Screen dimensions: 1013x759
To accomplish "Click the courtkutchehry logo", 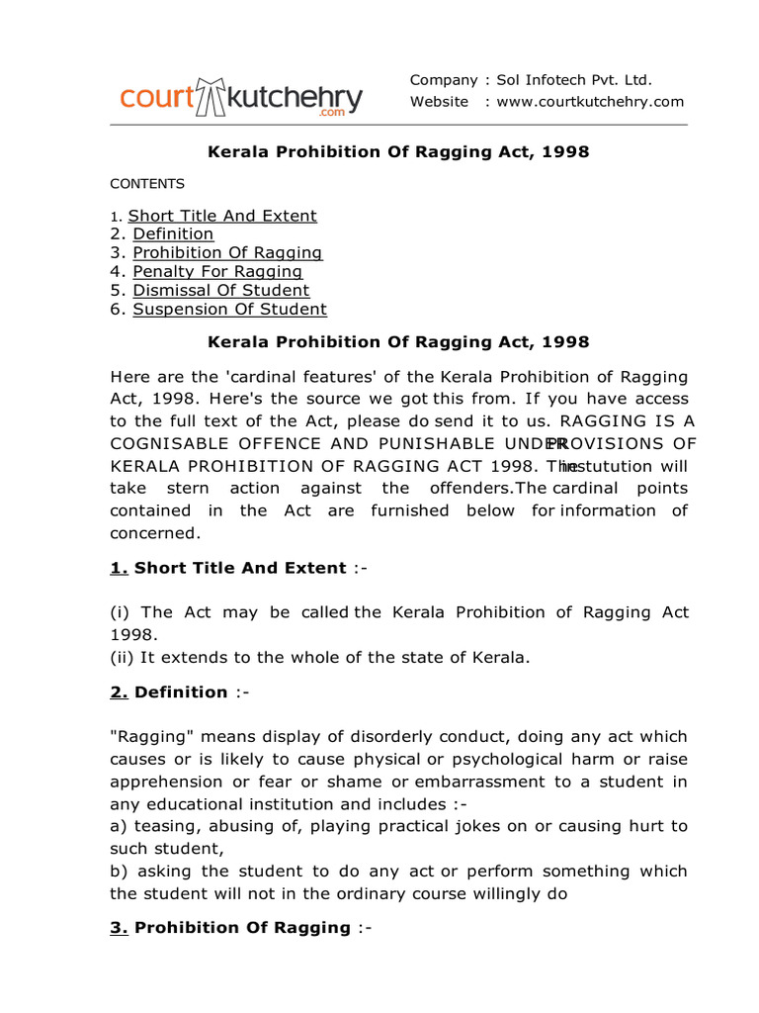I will point(241,99).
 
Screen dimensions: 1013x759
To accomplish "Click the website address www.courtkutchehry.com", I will point(590,102).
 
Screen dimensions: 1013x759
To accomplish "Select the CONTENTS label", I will point(147,184).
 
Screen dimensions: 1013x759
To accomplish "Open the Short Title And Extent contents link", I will point(222,216).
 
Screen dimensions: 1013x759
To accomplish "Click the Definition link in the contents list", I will point(173,234).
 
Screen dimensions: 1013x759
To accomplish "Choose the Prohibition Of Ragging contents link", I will point(227,253).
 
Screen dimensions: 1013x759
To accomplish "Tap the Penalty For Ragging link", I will point(217,272).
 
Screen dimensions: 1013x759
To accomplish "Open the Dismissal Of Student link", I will point(221,291).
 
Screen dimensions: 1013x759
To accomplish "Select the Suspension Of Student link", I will point(229,310).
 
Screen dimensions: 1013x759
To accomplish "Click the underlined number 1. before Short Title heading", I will point(119,569).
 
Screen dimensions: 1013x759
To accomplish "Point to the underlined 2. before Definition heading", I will point(119,692).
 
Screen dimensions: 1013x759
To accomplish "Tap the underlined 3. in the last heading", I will point(119,928).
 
